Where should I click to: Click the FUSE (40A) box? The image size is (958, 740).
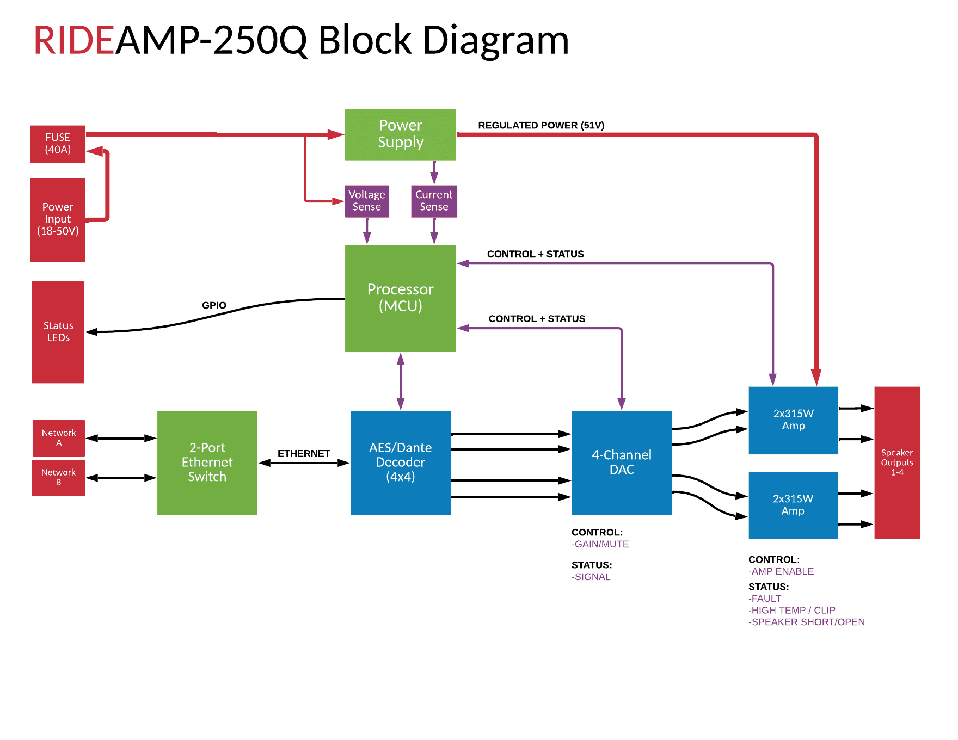[x=58, y=144]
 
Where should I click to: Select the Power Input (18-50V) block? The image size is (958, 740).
[x=58, y=219]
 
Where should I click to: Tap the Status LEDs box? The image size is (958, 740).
[x=58, y=331]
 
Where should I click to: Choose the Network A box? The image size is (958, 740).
[x=59, y=437]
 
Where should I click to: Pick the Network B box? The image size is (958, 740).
[x=59, y=477]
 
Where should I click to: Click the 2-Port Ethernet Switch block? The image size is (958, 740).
[x=207, y=462]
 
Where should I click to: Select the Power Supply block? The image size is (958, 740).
[x=401, y=134]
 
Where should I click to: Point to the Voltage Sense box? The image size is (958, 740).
[x=367, y=201]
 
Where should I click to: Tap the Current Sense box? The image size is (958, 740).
[x=434, y=201]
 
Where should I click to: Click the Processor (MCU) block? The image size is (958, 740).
[x=401, y=298]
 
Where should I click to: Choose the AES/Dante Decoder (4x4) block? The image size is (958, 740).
[x=401, y=462]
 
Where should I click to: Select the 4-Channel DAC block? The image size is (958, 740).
[x=622, y=462]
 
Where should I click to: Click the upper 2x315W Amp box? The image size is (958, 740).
[x=793, y=420]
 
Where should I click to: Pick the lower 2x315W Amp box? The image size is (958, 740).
[x=793, y=505]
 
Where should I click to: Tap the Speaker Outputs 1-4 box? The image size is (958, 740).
[x=897, y=462]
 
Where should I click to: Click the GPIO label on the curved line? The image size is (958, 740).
[x=214, y=305]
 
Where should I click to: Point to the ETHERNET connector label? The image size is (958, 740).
[x=304, y=453]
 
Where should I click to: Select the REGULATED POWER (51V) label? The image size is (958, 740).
[x=541, y=126]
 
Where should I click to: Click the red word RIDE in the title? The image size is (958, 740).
[x=74, y=41]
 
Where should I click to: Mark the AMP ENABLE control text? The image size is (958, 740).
[x=782, y=571]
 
